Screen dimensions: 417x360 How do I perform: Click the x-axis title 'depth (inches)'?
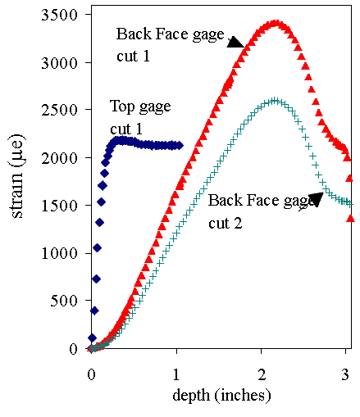tap(221, 395)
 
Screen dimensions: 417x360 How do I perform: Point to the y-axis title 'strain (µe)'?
tap(17, 188)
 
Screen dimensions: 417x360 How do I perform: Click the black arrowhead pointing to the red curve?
tap(235, 42)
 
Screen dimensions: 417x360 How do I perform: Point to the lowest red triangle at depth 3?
tap(351, 218)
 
